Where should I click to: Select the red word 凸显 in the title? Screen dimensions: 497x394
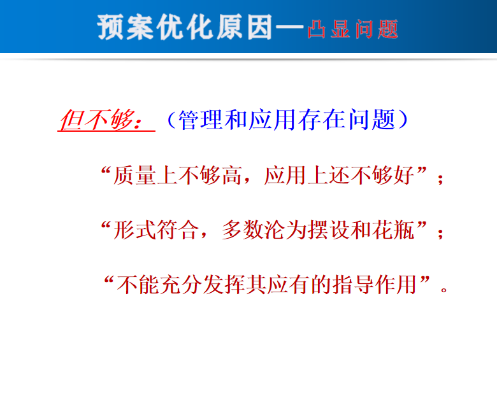[x=328, y=29]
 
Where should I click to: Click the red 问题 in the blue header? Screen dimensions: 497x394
[x=376, y=29]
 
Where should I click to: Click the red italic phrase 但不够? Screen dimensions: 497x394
[x=97, y=120]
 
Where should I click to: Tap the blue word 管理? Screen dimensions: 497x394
[x=200, y=120]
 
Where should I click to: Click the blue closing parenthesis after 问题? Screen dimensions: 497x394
[x=403, y=120]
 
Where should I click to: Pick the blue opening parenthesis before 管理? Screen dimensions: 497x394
[x=171, y=120]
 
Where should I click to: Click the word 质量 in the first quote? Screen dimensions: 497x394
[x=134, y=176]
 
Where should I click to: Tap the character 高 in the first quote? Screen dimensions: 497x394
[x=232, y=176]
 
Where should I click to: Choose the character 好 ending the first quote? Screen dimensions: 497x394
[x=404, y=175]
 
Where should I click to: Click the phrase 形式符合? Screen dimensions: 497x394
[x=156, y=230]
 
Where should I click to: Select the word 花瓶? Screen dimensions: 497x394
[x=393, y=230]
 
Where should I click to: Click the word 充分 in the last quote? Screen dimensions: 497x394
[x=181, y=285]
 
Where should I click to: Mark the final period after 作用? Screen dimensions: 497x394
[x=444, y=290]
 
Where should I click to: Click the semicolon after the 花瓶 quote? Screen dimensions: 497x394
[x=440, y=234]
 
